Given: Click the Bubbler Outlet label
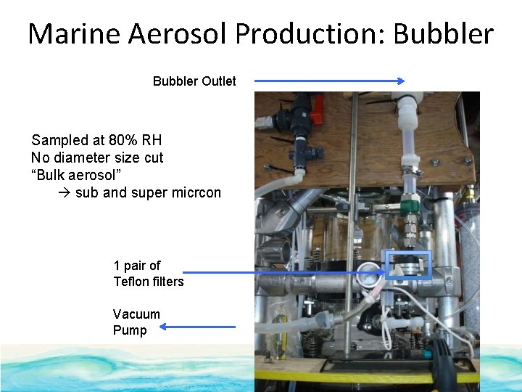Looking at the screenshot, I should (x=194, y=81).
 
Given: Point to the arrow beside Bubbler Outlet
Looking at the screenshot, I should (x=329, y=82).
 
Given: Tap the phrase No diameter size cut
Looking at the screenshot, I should (x=97, y=158).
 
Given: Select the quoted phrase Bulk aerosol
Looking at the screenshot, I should (x=76, y=175).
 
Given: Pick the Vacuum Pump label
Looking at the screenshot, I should (x=130, y=322).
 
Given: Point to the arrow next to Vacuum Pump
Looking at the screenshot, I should (x=197, y=327).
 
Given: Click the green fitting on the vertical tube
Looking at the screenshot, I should (x=410, y=201).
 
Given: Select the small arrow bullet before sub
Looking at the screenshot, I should (x=63, y=193).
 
